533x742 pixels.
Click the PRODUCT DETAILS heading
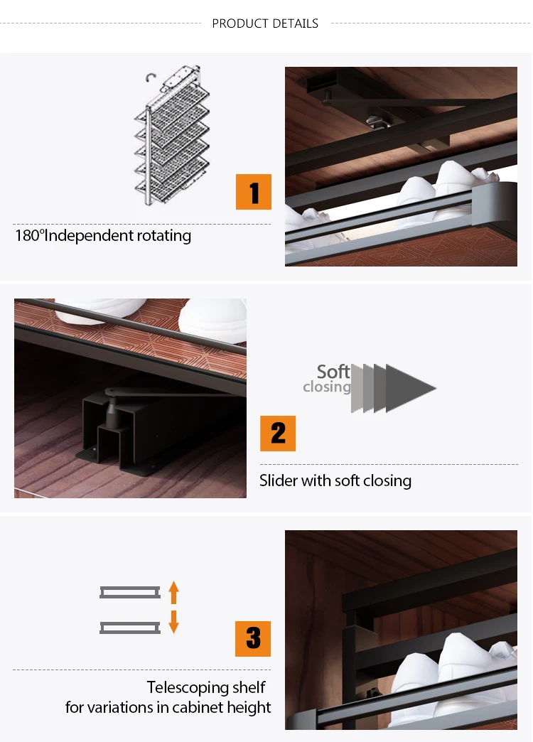265,23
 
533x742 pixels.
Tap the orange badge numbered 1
254,192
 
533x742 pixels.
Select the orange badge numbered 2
278,434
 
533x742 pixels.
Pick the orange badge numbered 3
253,639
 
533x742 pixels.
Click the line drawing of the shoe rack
173,137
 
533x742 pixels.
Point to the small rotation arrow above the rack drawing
151,77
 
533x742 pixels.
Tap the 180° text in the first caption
29,235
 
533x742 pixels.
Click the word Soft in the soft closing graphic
333,372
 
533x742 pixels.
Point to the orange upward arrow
173,593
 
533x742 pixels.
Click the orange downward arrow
173,622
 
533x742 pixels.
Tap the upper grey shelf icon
130,592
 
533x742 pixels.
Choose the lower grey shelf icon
130,628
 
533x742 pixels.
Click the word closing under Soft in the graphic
327,387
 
